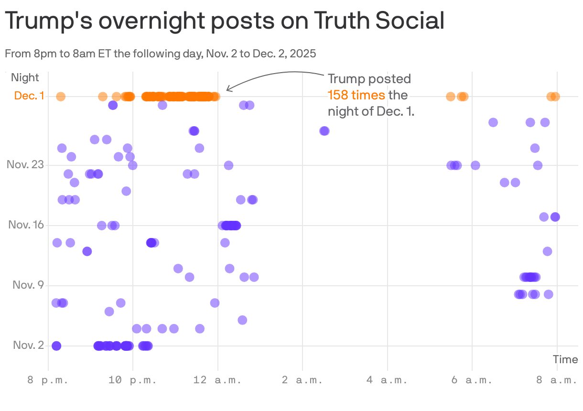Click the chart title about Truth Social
click(x=225, y=21)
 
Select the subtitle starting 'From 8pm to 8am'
click(x=161, y=53)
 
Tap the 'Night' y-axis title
click(x=25, y=77)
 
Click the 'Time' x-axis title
click(x=565, y=359)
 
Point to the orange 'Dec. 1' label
click(x=29, y=96)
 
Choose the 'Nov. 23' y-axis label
click(x=25, y=165)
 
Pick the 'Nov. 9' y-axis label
click(x=28, y=285)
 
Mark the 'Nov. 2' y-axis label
click(x=28, y=346)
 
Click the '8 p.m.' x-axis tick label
click(x=48, y=380)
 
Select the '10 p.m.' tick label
click(x=133, y=380)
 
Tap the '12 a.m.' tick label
click(x=218, y=380)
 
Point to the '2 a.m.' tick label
click(x=302, y=380)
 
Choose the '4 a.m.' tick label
click(x=388, y=380)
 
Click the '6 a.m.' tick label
click(x=472, y=380)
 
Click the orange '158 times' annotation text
click(x=356, y=95)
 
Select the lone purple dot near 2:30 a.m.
click(x=324, y=131)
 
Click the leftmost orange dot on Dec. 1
click(x=61, y=97)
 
